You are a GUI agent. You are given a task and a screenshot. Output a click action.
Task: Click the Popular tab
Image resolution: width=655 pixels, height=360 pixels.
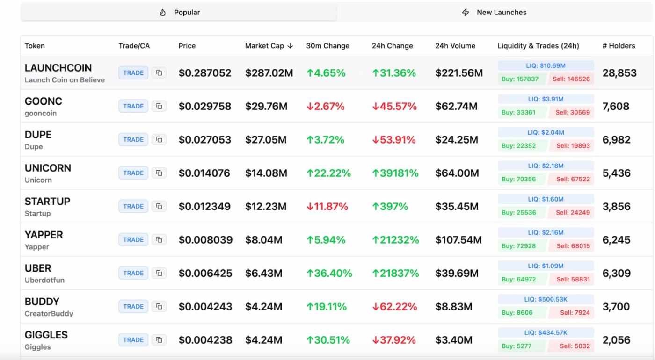[x=179, y=13]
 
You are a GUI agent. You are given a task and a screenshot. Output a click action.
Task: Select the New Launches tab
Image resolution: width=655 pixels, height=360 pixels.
[x=495, y=13]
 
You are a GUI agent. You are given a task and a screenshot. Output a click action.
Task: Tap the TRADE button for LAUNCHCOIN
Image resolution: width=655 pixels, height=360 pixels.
[x=133, y=73]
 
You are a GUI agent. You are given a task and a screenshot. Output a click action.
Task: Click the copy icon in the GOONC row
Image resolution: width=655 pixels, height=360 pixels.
[x=159, y=106]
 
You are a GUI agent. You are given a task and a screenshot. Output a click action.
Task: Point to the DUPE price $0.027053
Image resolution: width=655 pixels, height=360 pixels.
[x=204, y=140]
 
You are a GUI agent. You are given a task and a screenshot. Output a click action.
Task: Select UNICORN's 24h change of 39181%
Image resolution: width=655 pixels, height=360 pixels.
[x=395, y=173]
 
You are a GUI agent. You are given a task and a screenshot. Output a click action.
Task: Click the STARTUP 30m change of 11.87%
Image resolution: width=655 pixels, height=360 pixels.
[x=327, y=207]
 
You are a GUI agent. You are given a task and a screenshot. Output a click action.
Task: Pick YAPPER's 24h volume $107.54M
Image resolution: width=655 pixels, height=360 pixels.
[x=458, y=240]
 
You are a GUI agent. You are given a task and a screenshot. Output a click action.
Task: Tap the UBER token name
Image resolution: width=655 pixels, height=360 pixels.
[x=38, y=268]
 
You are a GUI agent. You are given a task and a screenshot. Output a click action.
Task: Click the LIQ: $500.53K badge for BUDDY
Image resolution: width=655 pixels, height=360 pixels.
[x=546, y=299]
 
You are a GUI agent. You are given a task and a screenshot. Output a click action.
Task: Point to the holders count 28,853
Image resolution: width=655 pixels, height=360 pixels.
[x=619, y=73]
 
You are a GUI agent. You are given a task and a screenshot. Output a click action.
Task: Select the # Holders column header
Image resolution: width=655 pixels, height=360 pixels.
[x=619, y=46]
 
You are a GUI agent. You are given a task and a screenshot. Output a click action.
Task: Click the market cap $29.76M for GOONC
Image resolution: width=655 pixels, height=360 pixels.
[x=266, y=107]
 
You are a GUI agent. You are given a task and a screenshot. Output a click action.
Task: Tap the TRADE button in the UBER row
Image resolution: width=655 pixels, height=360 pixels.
[x=133, y=273]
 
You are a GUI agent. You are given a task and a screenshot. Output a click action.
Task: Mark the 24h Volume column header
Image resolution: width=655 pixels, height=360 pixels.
[x=455, y=46]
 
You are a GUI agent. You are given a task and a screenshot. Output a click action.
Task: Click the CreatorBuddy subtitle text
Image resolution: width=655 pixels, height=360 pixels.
[x=49, y=314]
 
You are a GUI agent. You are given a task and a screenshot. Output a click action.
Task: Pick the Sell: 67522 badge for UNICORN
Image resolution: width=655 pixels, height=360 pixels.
[x=573, y=179]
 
